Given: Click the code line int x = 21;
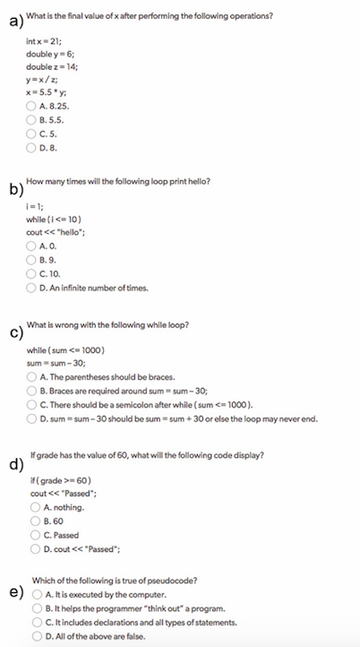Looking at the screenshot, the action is (46, 41).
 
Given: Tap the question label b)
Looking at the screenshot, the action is (14, 189).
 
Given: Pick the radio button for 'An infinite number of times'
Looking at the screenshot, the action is (33, 289).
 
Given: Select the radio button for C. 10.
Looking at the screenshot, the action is (33, 274).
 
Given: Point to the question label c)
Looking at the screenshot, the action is (14, 334).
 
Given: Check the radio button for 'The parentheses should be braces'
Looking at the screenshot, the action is (33, 377).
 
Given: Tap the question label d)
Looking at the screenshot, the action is (14, 463).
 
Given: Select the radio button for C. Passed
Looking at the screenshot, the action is (33, 536).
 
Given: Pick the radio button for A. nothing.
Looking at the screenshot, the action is (33, 507).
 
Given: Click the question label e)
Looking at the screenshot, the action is (14, 593).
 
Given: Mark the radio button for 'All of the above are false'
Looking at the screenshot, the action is (33, 636).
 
